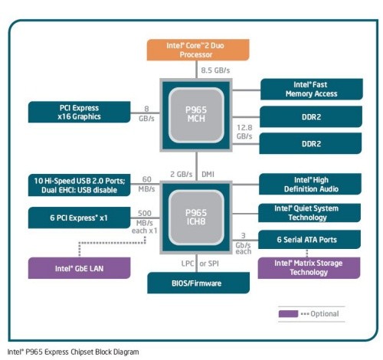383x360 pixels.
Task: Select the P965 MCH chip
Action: (x=197, y=115)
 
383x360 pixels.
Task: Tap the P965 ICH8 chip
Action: (x=197, y=217)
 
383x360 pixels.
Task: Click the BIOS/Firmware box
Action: (x=197, y=283)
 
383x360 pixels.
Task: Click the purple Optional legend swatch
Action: (x=289, y=313)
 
